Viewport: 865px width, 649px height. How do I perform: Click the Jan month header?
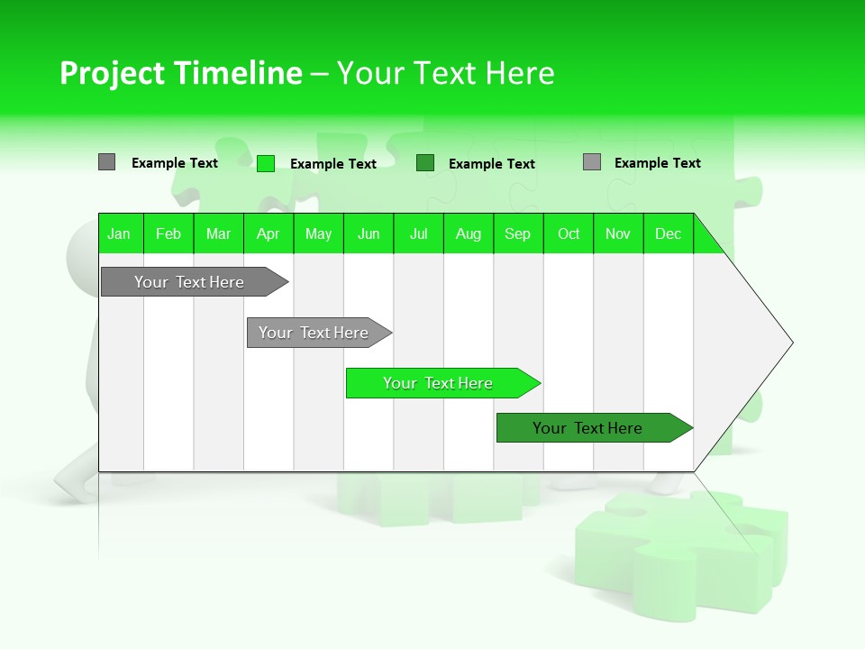coord(120,234)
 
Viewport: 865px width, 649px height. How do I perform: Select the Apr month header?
coord(269,234)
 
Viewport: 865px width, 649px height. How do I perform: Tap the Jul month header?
coord(419,234)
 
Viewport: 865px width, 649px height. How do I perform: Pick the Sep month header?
coord(518,234)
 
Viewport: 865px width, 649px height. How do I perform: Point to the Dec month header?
coord(669,234)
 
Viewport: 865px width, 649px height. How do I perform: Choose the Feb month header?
coord(168,234)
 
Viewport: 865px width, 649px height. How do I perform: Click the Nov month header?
coord(618,234)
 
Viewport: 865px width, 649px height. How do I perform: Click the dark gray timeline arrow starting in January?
coord(189,282)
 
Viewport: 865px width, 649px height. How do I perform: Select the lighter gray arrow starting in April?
coord(314,333)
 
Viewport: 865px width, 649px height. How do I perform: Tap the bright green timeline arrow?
coord(439,383)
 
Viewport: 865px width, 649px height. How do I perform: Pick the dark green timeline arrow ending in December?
coord(588,428)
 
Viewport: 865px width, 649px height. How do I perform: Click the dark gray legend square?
coord(106,162)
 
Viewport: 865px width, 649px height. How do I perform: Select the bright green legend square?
coord(265,163)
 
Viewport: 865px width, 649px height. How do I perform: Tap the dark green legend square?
coord(425,163)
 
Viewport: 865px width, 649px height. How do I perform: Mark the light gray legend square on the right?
coord(592,162)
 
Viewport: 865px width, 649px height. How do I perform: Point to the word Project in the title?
coord(111,73)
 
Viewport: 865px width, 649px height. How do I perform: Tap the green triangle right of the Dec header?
coord(706,241)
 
